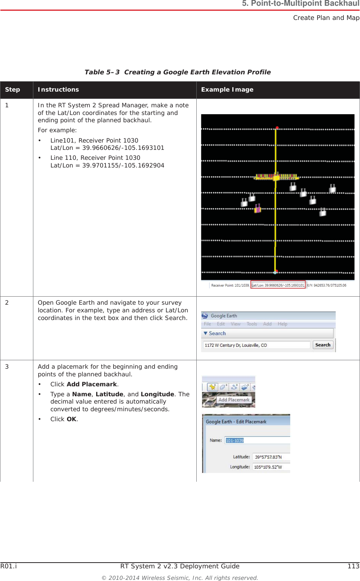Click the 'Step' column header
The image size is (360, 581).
[x=13, y=90]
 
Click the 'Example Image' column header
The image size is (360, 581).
[x=227, y=90]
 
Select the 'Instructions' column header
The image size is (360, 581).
[x=58, y=90]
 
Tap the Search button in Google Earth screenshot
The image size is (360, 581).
[x=323, y=345]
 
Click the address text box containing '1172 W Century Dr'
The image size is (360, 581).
[x=256, y=345]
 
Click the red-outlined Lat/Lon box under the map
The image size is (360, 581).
[x=278, y=285]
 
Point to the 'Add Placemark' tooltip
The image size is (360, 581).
[x=234, y=400]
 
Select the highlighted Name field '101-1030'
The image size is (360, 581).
[x=235, y=440]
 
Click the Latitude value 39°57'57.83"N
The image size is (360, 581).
[x=268, y=457]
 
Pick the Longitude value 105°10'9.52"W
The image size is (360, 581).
[x=268, y=467]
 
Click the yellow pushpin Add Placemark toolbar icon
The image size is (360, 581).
[x=212, y=387]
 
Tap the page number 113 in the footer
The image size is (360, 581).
[x=353, y=566]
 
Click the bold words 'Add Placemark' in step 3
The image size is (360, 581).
[x=92, y=384]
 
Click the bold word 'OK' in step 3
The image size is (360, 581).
[x=71, y=419]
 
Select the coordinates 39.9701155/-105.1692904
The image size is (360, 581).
[x=123, y=166]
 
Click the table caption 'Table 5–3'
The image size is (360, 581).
[x=102, y=72]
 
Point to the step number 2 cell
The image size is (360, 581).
[x=7, y=303]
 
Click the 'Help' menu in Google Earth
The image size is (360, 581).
[x=282, y=324]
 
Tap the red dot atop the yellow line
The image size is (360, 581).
[x=277, y=128]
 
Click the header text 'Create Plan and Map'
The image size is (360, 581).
[x=326, y=18]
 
